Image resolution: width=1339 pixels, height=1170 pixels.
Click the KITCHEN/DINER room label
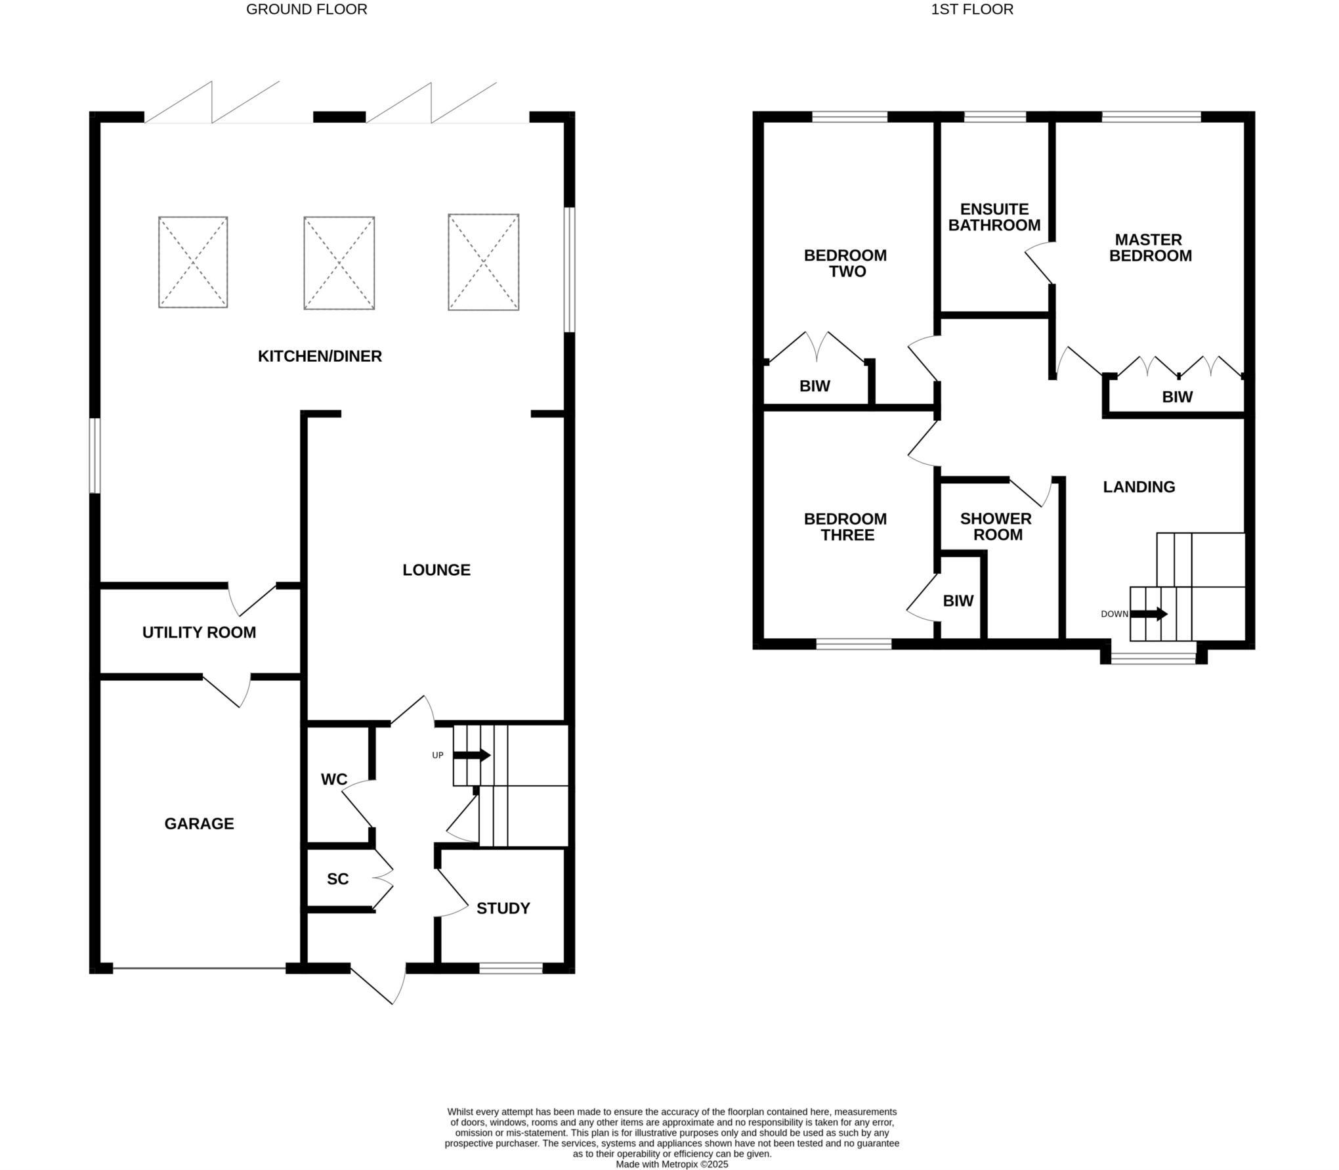coord(320,356)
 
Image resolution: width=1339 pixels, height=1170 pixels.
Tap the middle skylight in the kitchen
coord(339,263)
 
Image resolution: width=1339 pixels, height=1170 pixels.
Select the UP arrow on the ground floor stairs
coord(472,755)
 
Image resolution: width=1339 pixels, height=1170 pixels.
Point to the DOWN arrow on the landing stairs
coord(1148,614)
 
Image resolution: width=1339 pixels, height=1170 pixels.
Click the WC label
coord(333,779)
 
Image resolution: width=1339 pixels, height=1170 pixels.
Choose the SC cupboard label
coord(337,878)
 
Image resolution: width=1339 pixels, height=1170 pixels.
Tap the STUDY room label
coord(503,908)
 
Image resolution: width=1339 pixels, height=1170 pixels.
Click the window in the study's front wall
coord(511,968)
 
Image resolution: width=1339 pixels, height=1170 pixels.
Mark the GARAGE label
coord(199,823)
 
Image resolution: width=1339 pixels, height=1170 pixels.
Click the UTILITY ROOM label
coord(199,632)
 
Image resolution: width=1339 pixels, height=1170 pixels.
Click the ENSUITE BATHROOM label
coord(994,217)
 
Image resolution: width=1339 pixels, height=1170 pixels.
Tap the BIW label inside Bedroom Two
coord(815,386)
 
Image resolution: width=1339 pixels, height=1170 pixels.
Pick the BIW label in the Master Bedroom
coord(1177,397)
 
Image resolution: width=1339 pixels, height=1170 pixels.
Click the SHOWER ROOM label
coord(996,527)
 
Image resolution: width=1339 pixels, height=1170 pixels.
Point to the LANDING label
coord(1138,487)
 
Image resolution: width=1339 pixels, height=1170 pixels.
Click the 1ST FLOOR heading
coord(971,9)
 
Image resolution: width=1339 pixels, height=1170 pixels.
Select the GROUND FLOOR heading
coord(307,9)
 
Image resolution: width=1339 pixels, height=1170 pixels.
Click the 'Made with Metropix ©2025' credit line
coord(671,1164)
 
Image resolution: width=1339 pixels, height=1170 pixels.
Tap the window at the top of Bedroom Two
coord(849,117)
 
